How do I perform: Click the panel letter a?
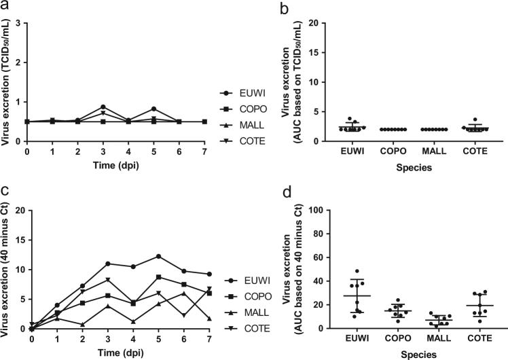[x=5, y=6]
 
